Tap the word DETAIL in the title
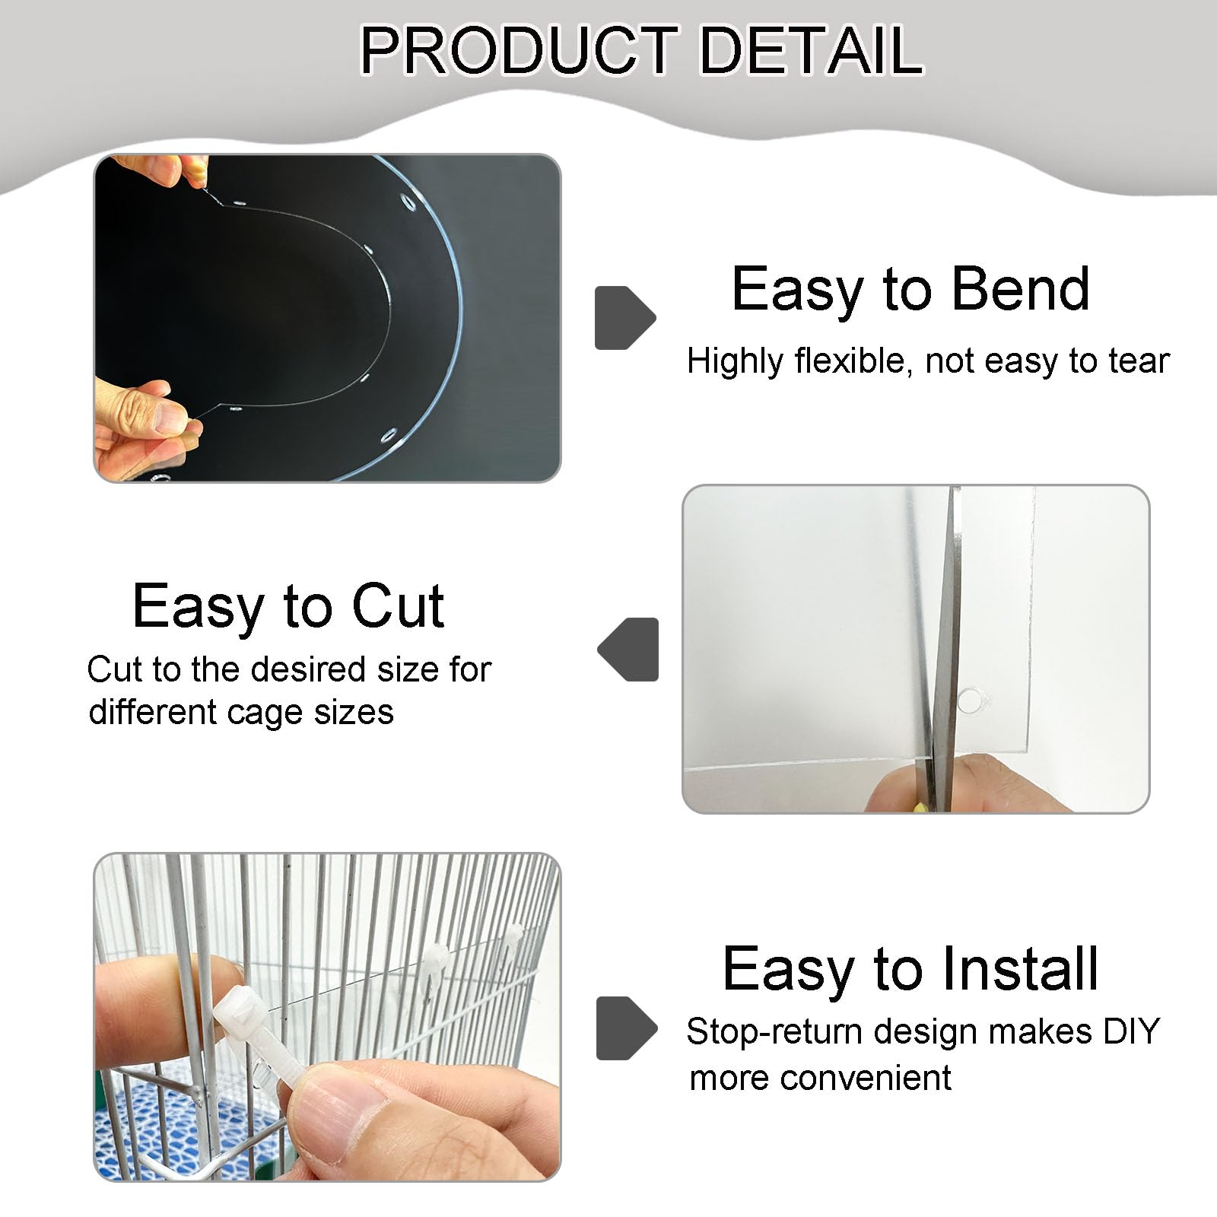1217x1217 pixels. coord(810,50)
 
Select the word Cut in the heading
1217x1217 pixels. coord(398,607)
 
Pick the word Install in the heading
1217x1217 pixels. coord(1020,969)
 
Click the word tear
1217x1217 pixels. coord(1138,361)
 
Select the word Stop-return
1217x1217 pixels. coord(775,1032)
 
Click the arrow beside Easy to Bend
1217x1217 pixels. coord(624,318)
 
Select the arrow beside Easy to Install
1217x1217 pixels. coord(626,1028)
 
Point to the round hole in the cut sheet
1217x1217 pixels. coord(970,701)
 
